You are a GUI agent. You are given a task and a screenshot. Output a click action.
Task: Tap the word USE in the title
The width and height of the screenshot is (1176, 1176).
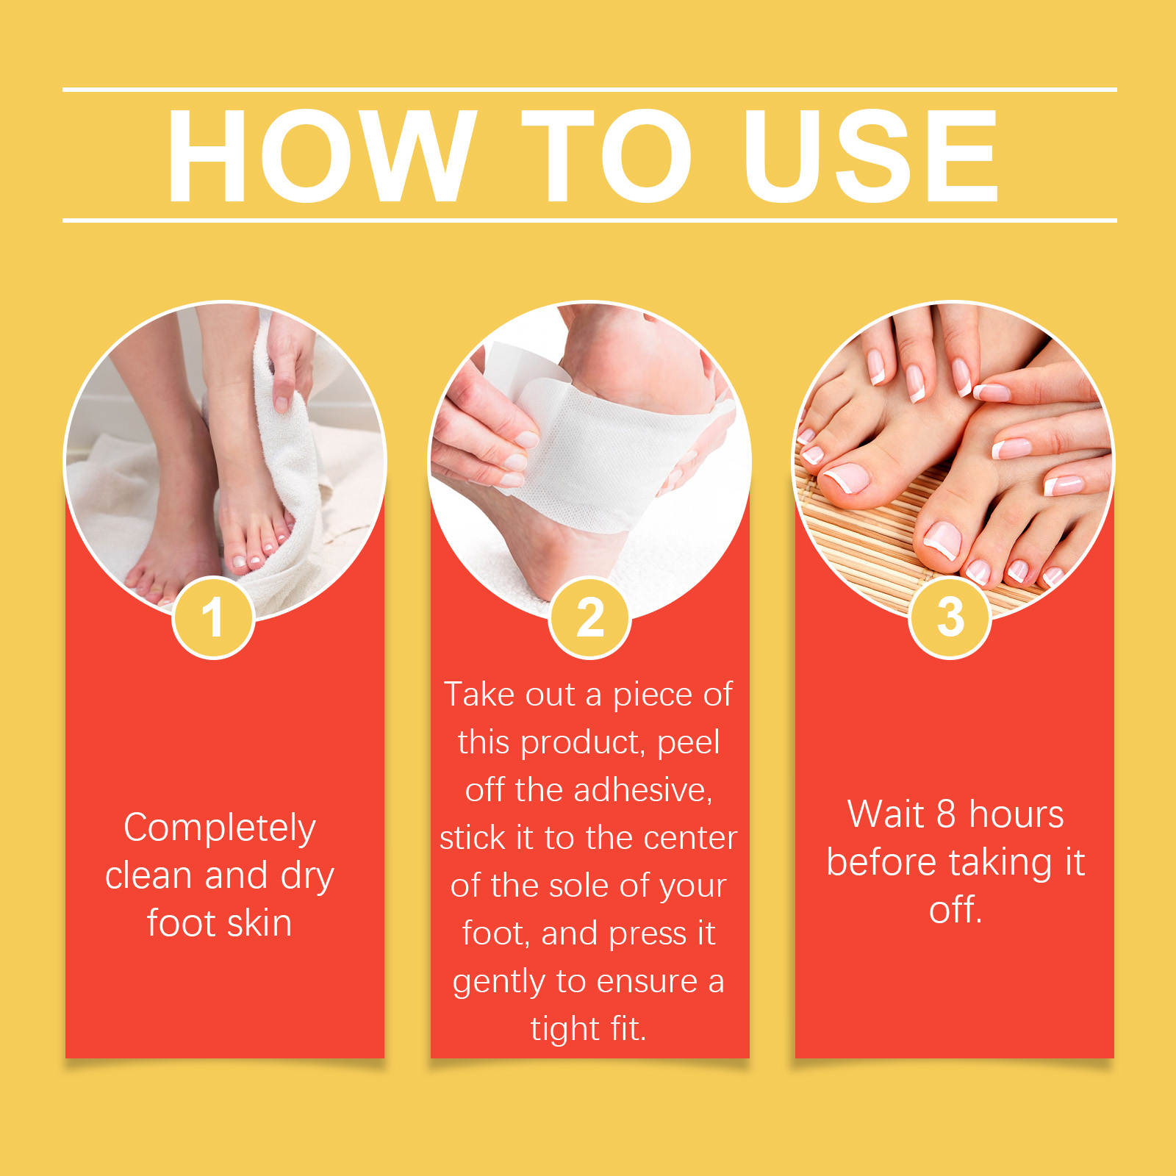tap(870, 155)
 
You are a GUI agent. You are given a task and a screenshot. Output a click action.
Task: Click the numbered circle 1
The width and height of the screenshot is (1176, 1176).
tap(213, 617)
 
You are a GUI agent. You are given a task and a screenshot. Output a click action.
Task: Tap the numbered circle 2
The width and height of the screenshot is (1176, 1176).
tap(589, 617)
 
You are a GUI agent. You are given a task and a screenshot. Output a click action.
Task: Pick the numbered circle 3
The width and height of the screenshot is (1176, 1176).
tap(950, 617)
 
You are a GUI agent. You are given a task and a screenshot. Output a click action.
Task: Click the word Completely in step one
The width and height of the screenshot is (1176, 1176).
tap(220, 829)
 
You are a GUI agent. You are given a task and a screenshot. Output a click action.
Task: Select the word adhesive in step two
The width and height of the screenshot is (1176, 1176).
tap(643, 790)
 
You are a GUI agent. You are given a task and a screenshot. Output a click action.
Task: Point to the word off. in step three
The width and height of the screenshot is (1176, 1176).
tap(955, 909)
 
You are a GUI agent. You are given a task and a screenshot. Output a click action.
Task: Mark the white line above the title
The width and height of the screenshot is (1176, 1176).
tap(589, 90)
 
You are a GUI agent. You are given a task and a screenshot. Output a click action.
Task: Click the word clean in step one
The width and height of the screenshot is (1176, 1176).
tap(149, 875)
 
